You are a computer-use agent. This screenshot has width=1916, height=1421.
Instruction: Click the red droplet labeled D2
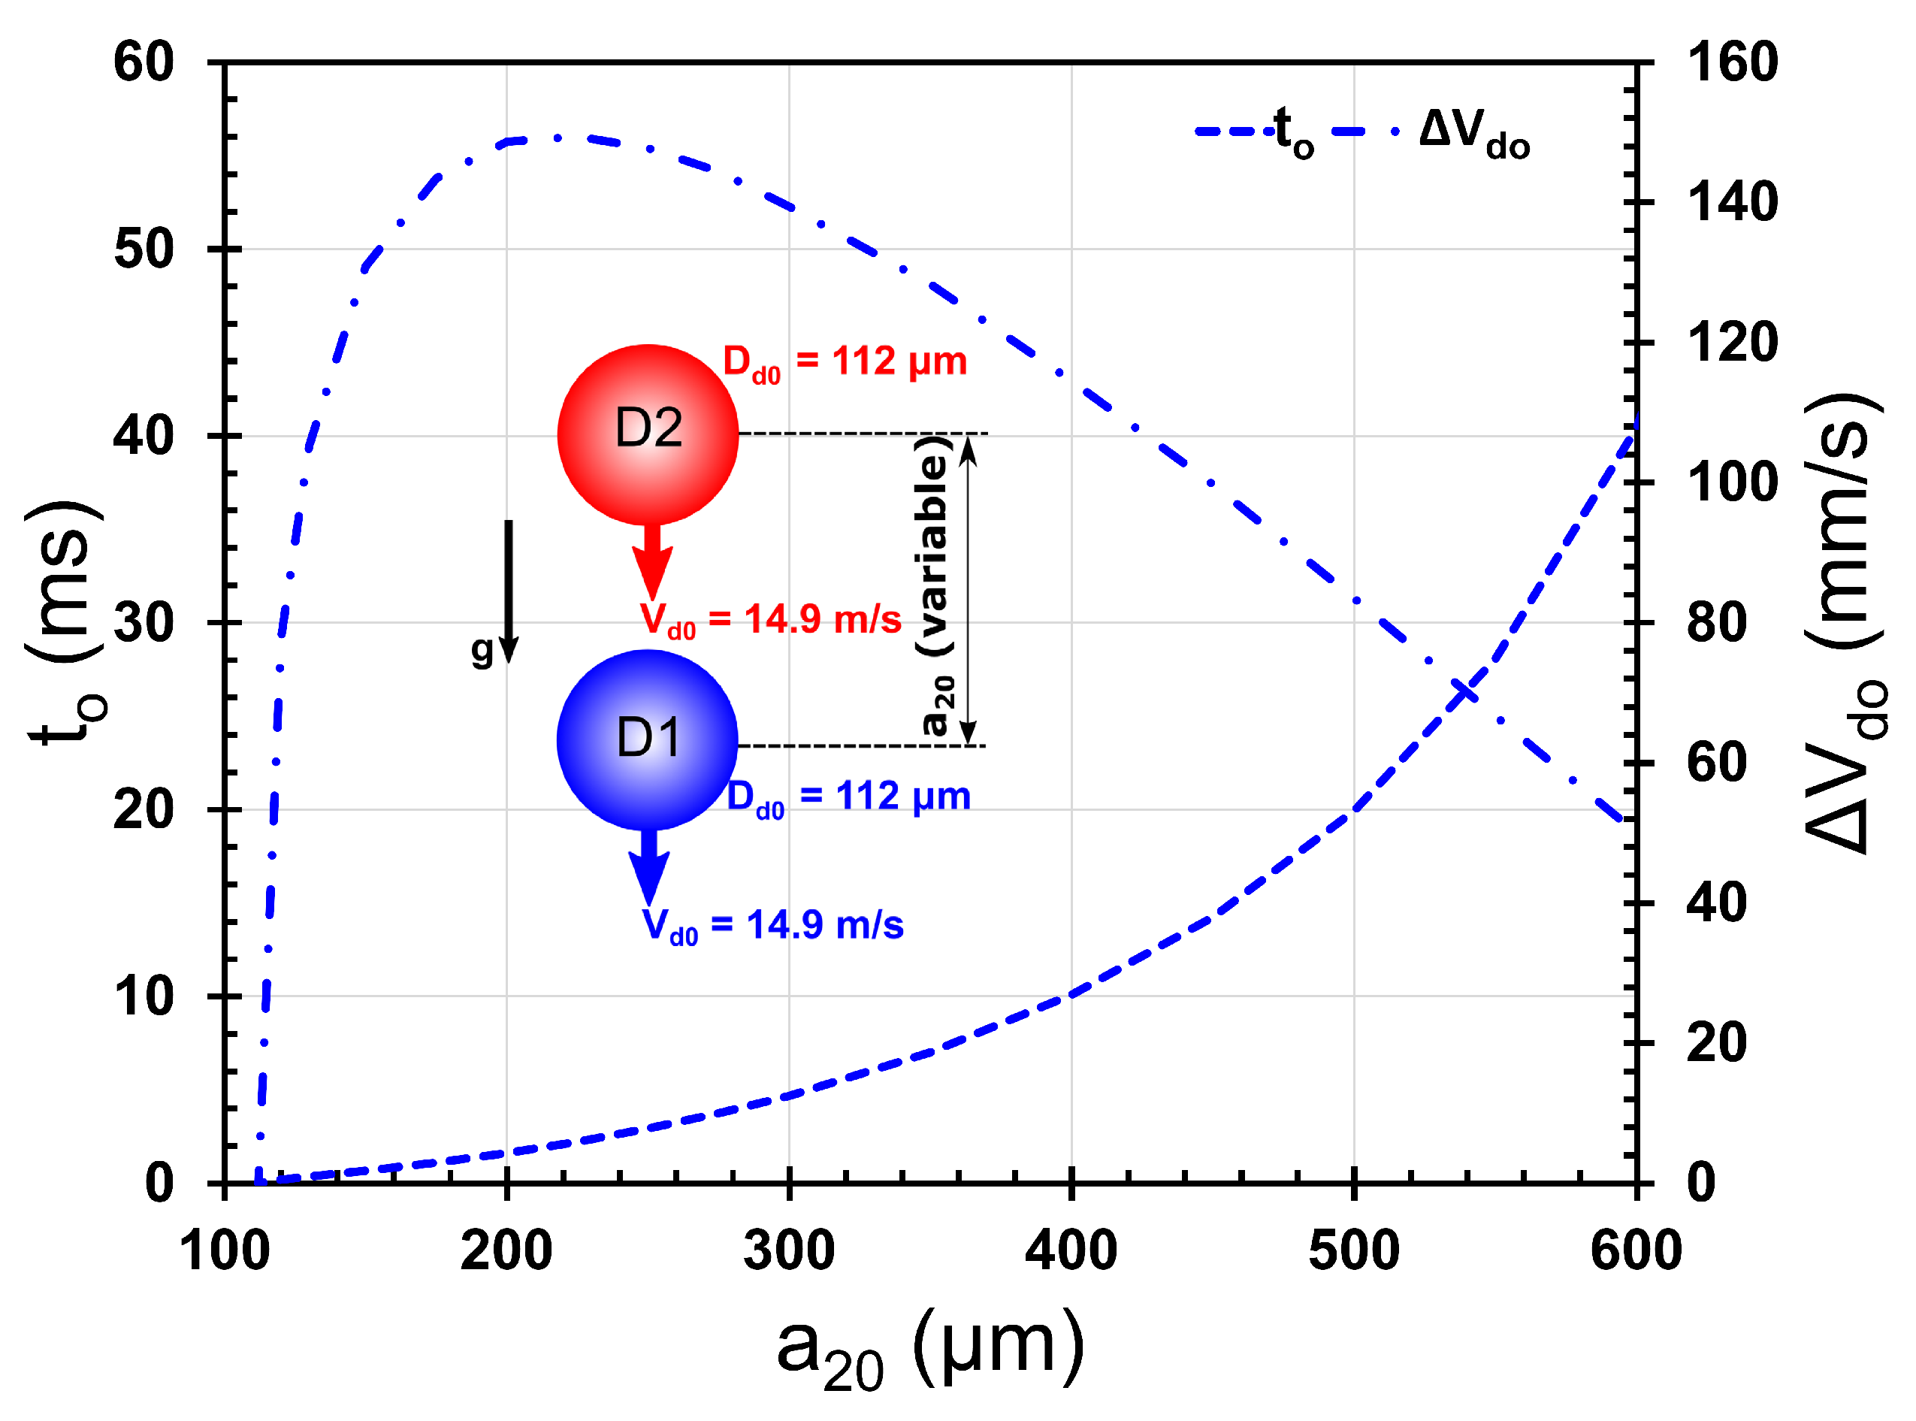click(x=648, y=434)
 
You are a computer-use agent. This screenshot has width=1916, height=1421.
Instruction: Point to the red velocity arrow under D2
click(x=652, y=564)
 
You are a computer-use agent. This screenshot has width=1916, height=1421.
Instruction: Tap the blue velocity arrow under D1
click(x=649, y=869)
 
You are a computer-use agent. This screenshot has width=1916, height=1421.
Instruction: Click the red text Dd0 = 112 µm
click(x=845, y=362)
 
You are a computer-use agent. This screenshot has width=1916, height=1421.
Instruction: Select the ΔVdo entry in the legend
click(x=1432, y=133)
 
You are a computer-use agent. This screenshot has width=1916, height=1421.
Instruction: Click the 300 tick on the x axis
click(x=789, y=1250)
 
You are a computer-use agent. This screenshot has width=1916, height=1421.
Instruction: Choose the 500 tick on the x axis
click(x=1353, y=1250)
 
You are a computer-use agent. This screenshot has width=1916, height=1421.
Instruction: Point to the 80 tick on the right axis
click(x=1716, y=622)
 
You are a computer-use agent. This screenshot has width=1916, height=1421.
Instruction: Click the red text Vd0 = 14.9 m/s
click(x=770, y=620)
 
